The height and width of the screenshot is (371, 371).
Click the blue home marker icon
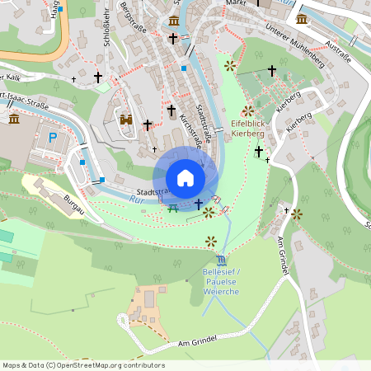coord(185,178)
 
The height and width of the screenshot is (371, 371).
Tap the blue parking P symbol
coord(53,139)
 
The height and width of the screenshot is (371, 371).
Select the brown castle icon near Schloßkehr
coord(126,120)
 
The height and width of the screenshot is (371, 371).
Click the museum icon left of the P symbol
coord(14,119)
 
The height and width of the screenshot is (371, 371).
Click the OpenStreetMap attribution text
coord(84,364)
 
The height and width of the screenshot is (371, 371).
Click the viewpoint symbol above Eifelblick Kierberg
coord(249,110)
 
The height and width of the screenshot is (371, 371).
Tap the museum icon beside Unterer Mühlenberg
coord(302,17)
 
